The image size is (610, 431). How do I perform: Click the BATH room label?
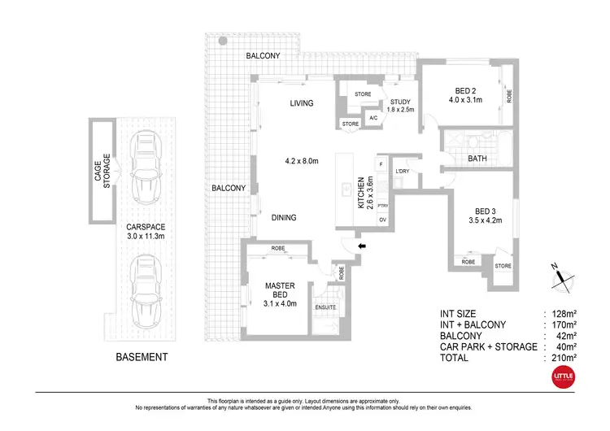tap(477, 159)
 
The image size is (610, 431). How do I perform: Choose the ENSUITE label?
tap(325, 307)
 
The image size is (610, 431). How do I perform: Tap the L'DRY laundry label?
tap(402, 172)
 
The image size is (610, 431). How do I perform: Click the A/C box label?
tap(373, 118)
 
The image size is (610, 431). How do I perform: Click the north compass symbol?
tap(559, 278)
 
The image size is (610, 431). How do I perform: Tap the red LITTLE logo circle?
tap(562, 377)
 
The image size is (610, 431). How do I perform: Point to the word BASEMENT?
tap(142, 357)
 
